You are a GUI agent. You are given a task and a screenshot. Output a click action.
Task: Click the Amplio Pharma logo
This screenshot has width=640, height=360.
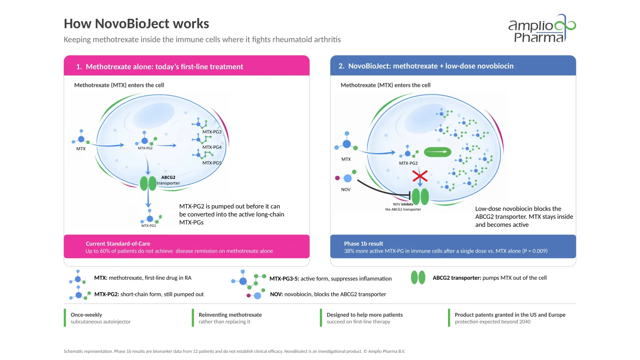pyautogui.click(x=542, y=28)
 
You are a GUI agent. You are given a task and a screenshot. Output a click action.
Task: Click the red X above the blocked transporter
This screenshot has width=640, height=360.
pyautogui.click(x=420, y=176)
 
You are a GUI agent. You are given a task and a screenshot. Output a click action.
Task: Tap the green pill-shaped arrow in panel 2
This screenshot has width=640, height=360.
pyautogui.click(x=438, y=152)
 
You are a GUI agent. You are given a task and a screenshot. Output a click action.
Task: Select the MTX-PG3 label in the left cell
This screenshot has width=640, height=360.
pyautogui.click(x=212, y=132)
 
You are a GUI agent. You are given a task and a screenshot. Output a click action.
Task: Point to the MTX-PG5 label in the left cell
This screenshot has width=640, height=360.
pyautogui.click(x=212, y=163)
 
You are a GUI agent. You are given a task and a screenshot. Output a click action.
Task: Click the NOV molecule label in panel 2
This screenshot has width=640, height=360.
pyautogui.click(x=346, y=190)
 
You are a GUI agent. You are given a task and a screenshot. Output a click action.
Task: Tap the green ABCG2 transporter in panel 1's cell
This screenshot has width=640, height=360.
pyautogui.click(x=148, y=183)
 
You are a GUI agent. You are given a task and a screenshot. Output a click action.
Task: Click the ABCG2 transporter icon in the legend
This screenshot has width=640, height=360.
pyautogui.click(x=418, y=278)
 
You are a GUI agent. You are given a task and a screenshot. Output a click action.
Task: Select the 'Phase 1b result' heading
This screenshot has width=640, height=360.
pyautogui.click(x=364, y=244)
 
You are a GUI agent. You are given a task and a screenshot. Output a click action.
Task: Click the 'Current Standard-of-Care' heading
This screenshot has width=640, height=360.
pyautogui.click(x=118, y=244)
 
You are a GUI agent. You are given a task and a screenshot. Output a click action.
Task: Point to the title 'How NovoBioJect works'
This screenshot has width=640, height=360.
pyautogui.click(x=136, y=24)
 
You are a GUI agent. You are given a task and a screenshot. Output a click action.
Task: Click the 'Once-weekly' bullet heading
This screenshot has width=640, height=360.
pyautogui.click(x=86, y=314)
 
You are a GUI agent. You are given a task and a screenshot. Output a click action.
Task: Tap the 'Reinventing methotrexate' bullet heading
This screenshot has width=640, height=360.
pyautogui.click(x=230, y=314)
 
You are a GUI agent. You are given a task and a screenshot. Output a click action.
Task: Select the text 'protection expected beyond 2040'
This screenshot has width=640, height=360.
pyautogui.click(x=492, y=322)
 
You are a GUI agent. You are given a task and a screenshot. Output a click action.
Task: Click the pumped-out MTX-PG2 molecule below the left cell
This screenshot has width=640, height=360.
pyautogui.click(x=151, y=217)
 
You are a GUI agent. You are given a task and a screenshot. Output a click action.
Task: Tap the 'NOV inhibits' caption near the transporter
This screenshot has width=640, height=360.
pyautogui.click(x=403, y=204)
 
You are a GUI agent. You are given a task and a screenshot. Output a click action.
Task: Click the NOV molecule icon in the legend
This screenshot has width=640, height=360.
pyautogui.click(x=255, y=294)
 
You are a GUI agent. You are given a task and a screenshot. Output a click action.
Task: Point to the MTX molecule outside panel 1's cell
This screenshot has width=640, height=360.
pyautogui.click(x=81, y=137)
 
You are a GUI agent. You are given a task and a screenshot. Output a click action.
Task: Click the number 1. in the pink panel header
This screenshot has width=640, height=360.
pyautogui.click(x=79, y=66)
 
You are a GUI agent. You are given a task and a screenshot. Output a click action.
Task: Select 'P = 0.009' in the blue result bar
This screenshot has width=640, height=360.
pyautogui.click(x=535, y=251)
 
